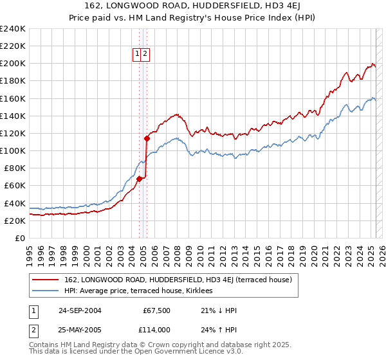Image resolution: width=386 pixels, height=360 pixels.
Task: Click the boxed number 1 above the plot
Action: [138, 55]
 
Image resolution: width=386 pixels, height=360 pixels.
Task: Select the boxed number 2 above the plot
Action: [145, 55]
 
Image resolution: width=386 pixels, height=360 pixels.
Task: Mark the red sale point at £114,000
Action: [147, 138]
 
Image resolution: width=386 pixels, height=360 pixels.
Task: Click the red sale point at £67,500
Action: [139, 179]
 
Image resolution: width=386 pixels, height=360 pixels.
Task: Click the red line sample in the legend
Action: [45, 280]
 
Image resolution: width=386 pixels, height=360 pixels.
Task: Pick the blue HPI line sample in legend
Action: [45, 291]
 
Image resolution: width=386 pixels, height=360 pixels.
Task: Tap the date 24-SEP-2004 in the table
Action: [80, 310]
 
